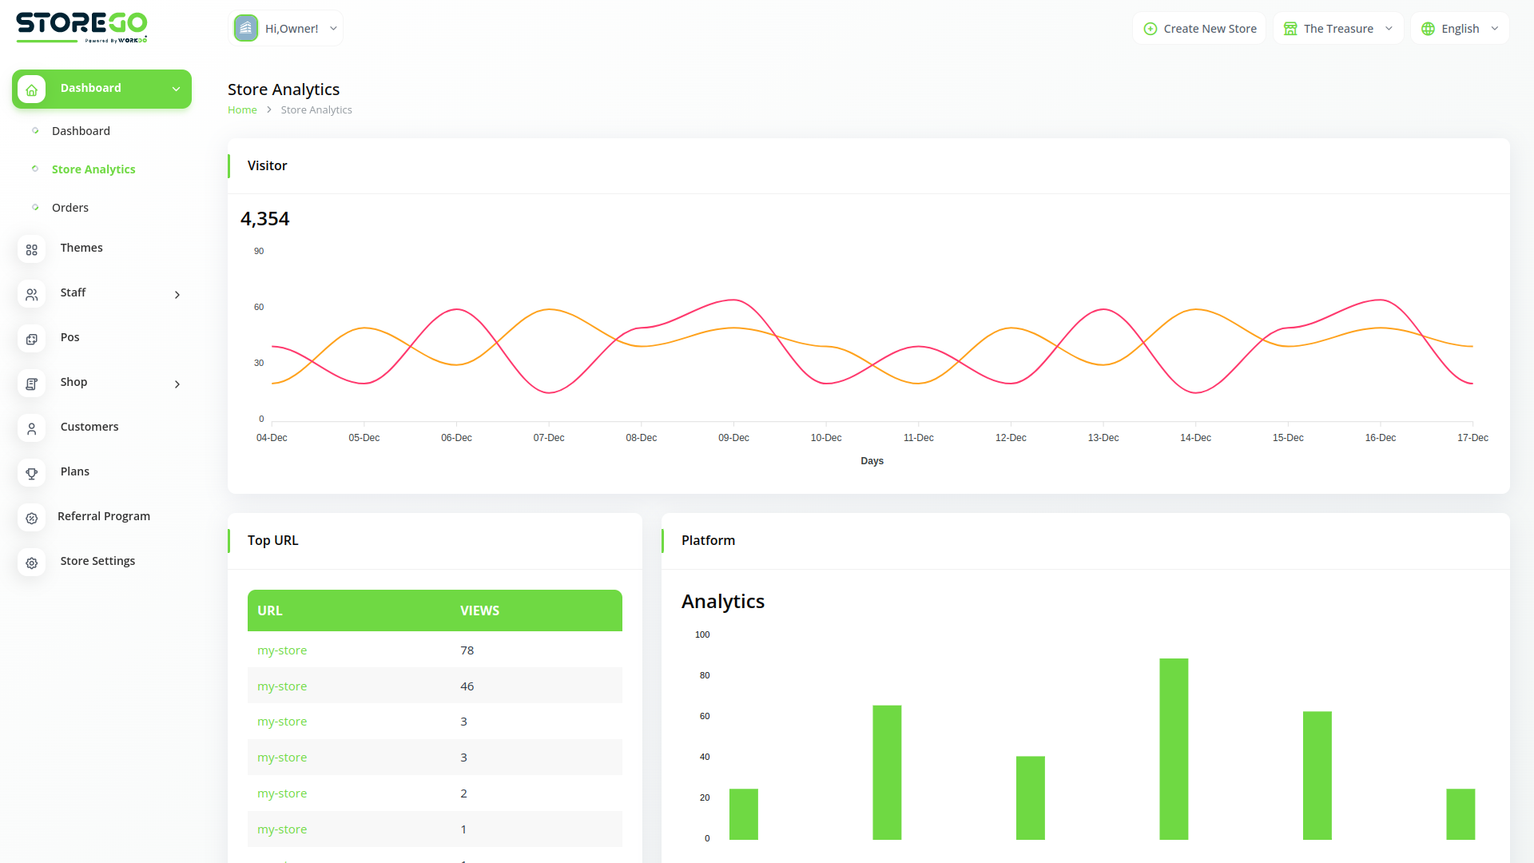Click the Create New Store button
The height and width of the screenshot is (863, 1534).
[1199, 29]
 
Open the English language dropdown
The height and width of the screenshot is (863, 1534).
[1460, 29]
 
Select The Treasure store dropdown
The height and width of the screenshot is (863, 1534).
[1338, 29]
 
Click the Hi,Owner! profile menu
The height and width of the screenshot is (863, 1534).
[285, 29]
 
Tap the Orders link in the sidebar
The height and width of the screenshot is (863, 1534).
[70, 208]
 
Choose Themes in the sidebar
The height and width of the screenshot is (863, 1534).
[81, 248]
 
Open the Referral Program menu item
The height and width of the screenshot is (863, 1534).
[104, 516]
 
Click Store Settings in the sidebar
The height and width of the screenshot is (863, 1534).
[97, 561]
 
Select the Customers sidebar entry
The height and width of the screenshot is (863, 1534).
[89, 427]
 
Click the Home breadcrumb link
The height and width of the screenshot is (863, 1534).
[242, 110]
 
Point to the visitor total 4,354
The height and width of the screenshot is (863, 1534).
[265, 219]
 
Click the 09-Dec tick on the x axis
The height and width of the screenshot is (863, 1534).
[733, 438]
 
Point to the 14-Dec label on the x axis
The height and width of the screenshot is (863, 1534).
[1195, 438]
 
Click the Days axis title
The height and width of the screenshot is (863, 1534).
[872, 461]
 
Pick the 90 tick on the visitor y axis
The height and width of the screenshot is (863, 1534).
[259, 251]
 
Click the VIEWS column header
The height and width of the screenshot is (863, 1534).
[479, 610]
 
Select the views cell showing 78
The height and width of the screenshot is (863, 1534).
[467, 650]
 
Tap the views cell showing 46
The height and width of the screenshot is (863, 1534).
[467, 686]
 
